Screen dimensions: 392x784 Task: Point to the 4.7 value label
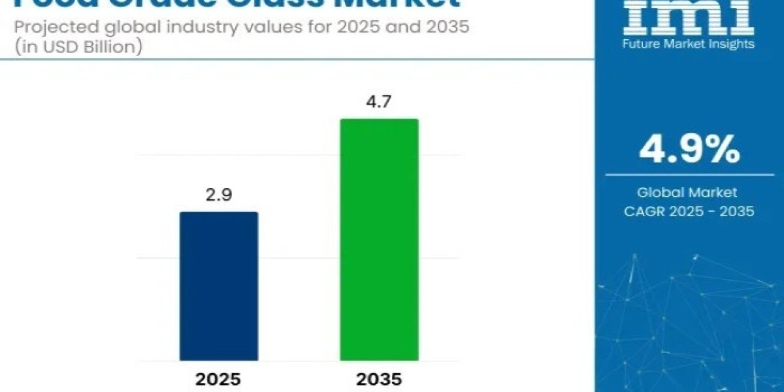coord(379,103)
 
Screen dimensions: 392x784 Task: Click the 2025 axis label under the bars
coord(219,380)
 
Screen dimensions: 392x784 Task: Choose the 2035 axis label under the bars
coord(379,380)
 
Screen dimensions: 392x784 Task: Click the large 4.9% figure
coord(689,151)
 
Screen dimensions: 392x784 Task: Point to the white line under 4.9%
coord(689,174)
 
